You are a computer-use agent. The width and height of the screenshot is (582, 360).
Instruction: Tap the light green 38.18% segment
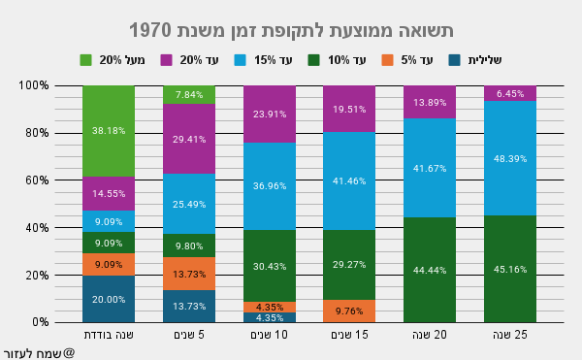(108, 130)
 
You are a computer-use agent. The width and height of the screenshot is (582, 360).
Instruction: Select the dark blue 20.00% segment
(108, 299)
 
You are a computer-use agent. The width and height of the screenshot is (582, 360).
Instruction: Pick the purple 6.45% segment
(509, 93)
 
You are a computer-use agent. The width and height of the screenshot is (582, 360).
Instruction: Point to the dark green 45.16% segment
(509, 269)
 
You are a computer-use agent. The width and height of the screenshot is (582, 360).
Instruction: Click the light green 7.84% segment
(188, 94)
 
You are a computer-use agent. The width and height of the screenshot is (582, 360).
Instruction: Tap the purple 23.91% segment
(268, 114)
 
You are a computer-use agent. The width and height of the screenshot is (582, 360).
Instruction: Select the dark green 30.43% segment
(268, 266)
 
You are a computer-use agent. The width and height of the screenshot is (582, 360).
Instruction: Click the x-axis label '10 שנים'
(268, 336)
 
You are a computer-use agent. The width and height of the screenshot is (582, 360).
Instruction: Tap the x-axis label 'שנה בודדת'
(108, 336)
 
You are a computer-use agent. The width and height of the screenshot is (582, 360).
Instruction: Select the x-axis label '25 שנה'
(509, 336)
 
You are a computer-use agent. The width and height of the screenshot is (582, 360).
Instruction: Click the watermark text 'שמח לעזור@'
(39, 352)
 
